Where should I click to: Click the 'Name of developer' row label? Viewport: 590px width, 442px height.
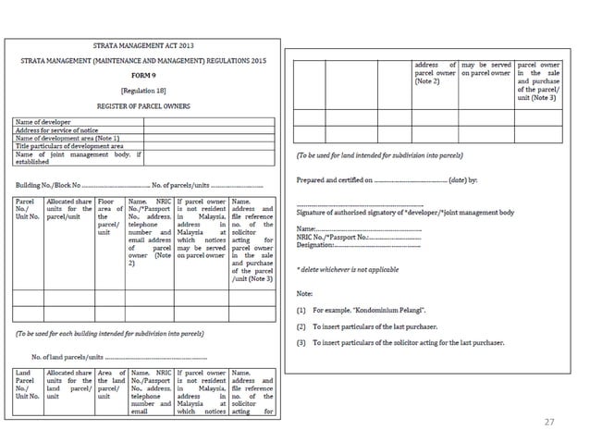(43, 122)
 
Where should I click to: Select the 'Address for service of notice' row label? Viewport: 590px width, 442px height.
(55, 129)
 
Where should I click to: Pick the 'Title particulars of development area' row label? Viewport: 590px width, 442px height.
(69, 145)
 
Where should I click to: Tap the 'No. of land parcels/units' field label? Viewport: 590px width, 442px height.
(67, 355)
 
